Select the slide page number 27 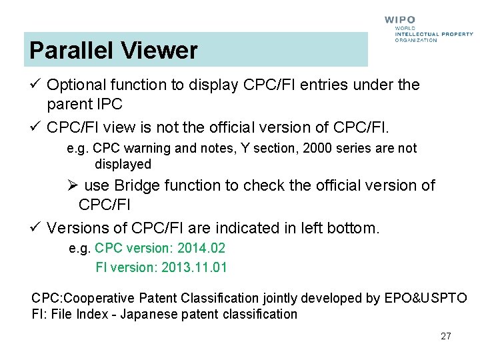(x=446, y=336)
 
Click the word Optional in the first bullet (x=77, y=85)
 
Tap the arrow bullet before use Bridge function (x=73, y=185)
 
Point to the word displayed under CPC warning (x=123, y=164)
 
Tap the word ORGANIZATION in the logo (x=416, y=40)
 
